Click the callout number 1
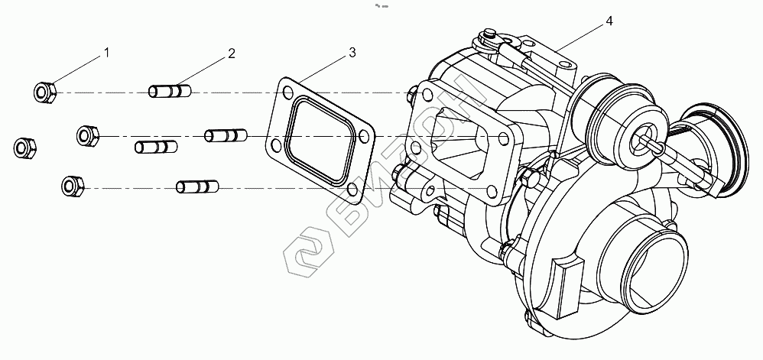106,53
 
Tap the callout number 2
231,53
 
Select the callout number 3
352,53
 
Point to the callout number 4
609,21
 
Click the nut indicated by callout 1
45,92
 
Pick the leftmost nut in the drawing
24,148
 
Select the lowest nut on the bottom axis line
73,186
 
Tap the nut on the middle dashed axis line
88,136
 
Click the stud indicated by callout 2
169,91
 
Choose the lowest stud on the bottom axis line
197,186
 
